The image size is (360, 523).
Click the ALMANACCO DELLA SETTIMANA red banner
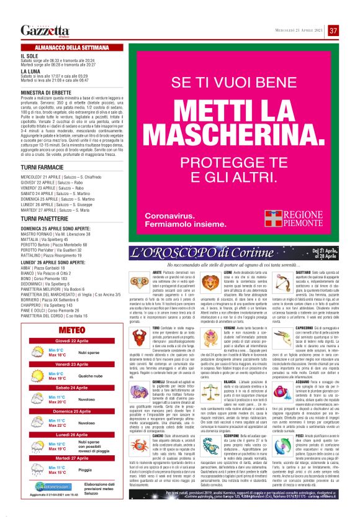click(65, 48)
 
